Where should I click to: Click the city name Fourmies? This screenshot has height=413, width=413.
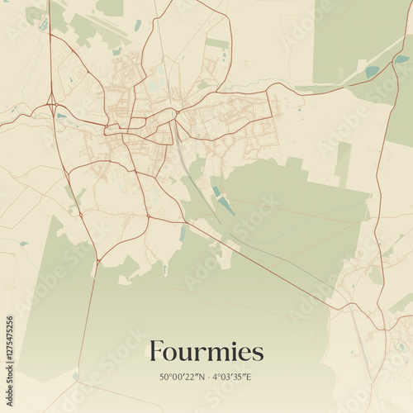pos(206,352)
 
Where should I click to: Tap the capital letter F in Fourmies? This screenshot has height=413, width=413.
pos(156,352)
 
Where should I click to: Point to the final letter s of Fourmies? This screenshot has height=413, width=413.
pos(259,354)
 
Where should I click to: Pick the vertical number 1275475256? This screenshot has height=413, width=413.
pos(10,351)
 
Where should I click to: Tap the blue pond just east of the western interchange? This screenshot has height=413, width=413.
pos(63,116)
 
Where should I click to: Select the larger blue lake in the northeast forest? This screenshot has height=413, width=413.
pos(372,72)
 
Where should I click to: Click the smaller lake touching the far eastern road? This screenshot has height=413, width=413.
pos(401,59)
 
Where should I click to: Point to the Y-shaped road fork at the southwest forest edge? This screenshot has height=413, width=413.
pos(97,262)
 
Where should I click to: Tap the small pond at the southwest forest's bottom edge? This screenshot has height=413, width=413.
pos(75,375)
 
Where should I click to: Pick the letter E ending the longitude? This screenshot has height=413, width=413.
pos(248,377)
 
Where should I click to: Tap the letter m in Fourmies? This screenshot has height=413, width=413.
pos(215,354)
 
